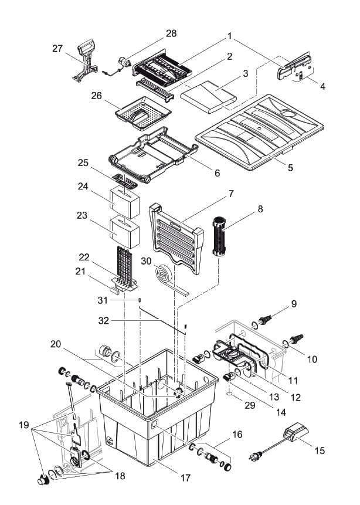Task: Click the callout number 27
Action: (57, 49)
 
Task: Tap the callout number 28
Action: (171, 33)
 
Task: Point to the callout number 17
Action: (185, 478)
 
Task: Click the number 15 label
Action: (320, 450)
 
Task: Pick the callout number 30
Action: (145, 260)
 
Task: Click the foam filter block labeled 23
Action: (125, 231)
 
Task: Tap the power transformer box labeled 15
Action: (297, 436)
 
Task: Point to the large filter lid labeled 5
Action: (261, 132)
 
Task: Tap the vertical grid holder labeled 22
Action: (123, 267)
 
